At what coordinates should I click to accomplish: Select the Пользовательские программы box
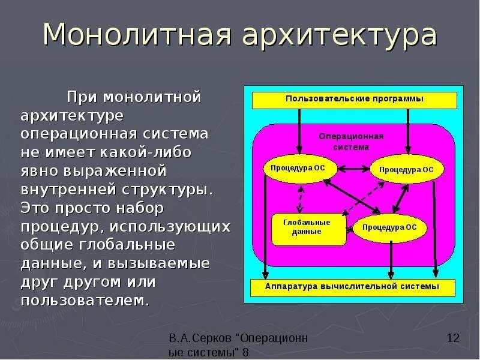point(355,100)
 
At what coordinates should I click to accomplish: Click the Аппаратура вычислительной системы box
point(352,287)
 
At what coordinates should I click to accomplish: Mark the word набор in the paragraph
point(143,208)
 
